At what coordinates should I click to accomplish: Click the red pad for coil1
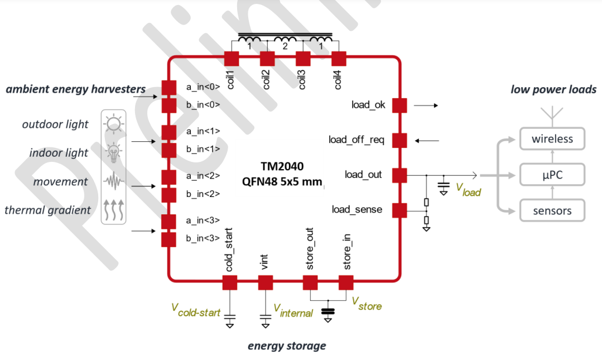tap(232, 59)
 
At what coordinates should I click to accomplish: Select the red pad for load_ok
tap(399, 105)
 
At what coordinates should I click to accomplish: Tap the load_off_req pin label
tap(357, 140)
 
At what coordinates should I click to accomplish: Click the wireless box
tap(552, 139)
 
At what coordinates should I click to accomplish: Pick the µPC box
tap(552, 175)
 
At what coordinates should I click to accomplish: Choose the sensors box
tap(552, 211)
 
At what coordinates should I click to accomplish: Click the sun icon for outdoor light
tap(114, 123)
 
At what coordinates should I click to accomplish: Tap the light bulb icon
tap(114, 151)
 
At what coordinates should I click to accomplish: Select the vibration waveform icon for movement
tap(114, 181)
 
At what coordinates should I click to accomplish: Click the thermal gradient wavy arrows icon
tap(114, 209)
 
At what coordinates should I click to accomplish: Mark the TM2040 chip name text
tap(284, 166)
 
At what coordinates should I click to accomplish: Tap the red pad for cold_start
tap(230, 282)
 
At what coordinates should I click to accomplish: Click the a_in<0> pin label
tap(203, 87)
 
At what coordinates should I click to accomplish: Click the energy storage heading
tap(287, 346)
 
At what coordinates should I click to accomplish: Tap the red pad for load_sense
tap(399, 210)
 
